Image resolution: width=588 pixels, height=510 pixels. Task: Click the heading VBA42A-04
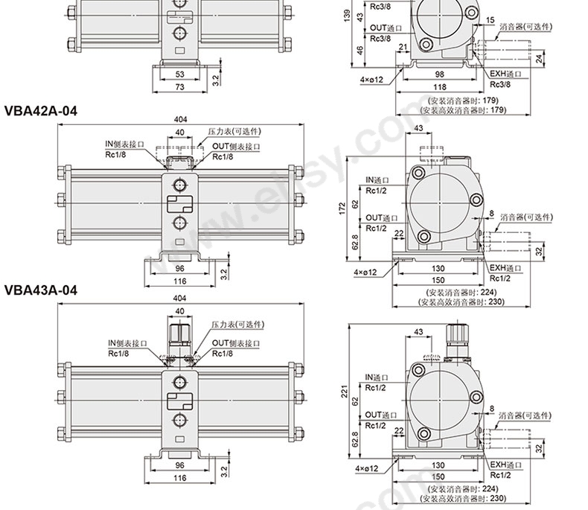click(x=40, y=111)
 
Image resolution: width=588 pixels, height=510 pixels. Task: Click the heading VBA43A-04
click(x=40, y=290)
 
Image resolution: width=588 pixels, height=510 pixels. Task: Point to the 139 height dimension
click(x=347, y=15)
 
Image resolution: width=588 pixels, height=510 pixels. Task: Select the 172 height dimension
click(x=342, y=209)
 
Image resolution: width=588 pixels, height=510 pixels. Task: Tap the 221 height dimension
click(x=345, y=391)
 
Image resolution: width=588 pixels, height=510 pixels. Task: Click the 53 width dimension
click(x=180, y=74)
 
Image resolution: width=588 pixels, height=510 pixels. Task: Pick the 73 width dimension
click(x=180, y=86)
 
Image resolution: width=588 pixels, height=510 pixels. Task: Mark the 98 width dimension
click(x=439, y=74)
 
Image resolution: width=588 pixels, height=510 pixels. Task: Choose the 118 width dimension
click(x=439, y=86)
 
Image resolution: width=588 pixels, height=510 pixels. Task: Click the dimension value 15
click(x=490, y=20)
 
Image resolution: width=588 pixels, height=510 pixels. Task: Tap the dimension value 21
click(x=403, y=47)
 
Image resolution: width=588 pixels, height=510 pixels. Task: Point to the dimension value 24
click(x=540, y=59)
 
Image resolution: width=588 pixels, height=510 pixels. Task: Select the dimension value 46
click(x=359, y=50)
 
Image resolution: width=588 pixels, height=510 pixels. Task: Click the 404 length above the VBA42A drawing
click(x=180, y=119)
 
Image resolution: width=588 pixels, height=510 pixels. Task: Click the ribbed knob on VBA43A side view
click(x=457, y=332)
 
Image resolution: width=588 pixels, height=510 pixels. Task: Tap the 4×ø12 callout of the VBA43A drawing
click(x=366, y=468)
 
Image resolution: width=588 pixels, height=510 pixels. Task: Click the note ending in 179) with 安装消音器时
click(x=464, y=101)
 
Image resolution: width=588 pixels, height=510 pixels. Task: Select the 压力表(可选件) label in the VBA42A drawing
click(x=234, y=131)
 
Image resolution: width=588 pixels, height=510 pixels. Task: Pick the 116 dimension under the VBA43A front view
click(x=180, y=478)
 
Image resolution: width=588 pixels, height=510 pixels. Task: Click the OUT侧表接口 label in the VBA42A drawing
click(x=236, y=146)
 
